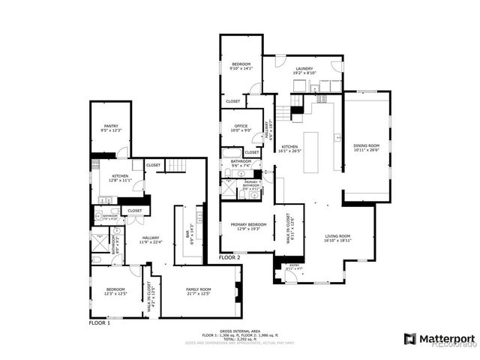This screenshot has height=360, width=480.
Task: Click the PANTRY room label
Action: coord(111,128)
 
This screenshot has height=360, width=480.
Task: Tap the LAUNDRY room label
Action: coord(304,70)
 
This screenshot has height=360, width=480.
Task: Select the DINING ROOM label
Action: coord(367,147)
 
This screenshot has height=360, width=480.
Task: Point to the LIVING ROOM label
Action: coord(337,238)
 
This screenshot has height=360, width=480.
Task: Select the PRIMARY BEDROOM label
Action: coord(247,226)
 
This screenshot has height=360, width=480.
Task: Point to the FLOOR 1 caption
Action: coord(100,323)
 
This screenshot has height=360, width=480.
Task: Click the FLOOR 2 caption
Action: coord(229,257)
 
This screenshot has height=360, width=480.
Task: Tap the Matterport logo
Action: coord(439,337)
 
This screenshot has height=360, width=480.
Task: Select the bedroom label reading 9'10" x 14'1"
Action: coord(241,66)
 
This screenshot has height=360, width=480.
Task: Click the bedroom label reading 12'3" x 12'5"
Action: coord(115,291)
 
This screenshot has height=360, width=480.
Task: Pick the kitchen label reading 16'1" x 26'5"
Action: coord(289,148)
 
